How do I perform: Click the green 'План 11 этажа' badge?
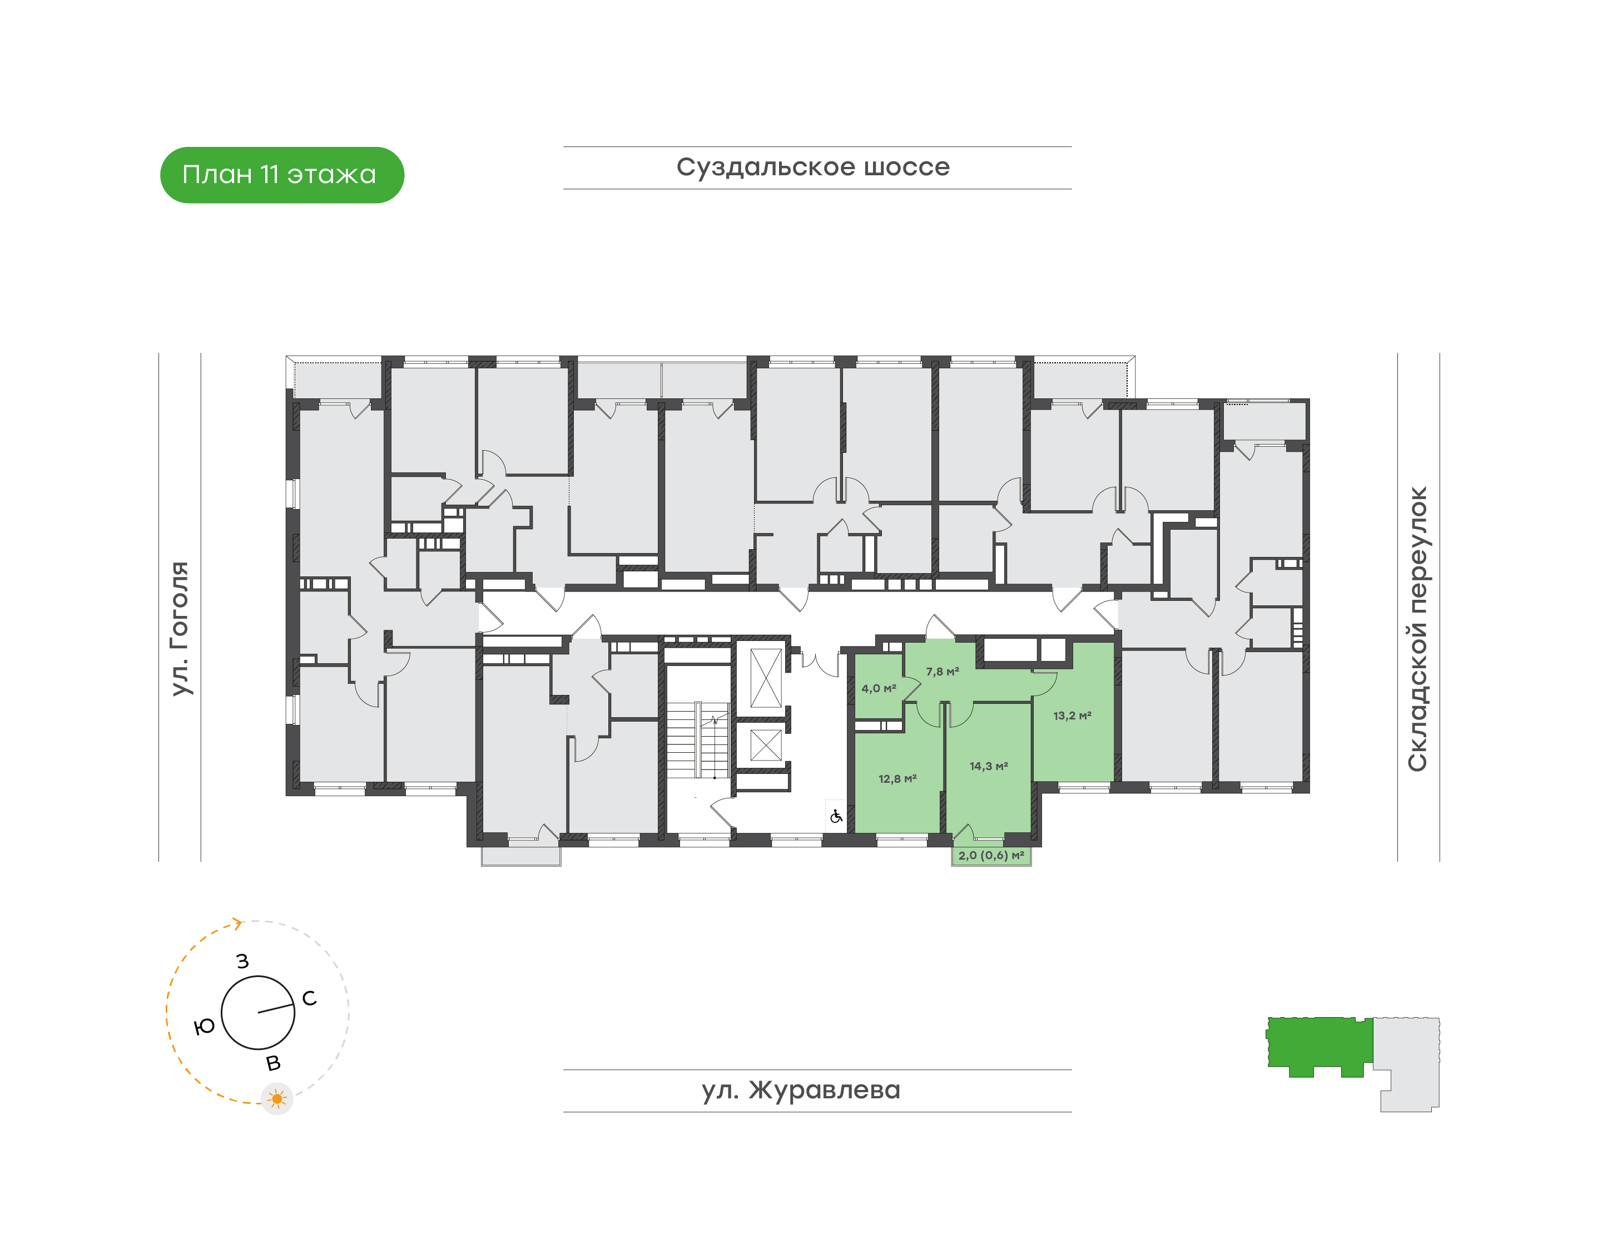[x=282, y=175]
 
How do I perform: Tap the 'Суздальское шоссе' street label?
[x=813, y=167]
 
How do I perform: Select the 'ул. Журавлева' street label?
[x=801, y=1090]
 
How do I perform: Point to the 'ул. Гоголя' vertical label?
[x=180, y=628]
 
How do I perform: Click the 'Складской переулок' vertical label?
[x=1417, y=628]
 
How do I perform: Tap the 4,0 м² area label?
[x=879, y=689]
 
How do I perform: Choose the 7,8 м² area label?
[x=943, y=672]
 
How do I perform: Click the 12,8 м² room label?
[x=897, y=778]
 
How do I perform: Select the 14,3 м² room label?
[x=989, y=766]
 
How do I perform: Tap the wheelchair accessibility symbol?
[x=836, y=816]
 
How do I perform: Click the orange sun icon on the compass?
[x=277, y=1099]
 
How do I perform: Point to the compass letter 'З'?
[x=242, y=961]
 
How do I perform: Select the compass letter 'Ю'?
[x=204, y=1027]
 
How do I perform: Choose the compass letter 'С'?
[x=309, y=998]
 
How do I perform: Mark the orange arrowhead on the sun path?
[x=237, y=924]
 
